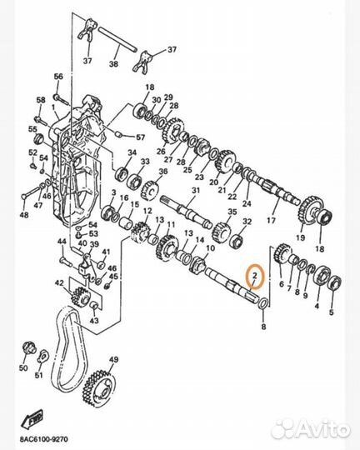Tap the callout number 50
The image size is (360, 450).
[23, 367]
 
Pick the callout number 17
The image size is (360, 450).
[271, 221]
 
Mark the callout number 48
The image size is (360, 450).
[24, 216]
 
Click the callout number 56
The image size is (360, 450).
[58, 77]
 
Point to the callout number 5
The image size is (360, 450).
[331, 312]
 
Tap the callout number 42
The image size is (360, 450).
[58, 284]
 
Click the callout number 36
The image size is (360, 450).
[163, 172]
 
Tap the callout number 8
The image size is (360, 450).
[263, 328]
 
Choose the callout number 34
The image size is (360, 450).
[131, 153]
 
